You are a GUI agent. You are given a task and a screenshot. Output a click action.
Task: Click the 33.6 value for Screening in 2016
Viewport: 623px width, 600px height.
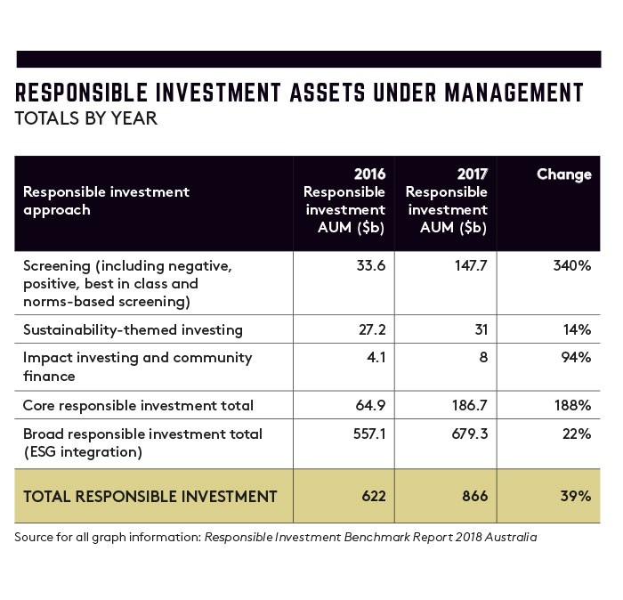[371, 265]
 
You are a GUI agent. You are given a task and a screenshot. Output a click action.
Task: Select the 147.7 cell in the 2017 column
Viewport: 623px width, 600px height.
[471, 265]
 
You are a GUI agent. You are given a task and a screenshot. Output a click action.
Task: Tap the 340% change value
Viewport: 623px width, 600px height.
[572, 265]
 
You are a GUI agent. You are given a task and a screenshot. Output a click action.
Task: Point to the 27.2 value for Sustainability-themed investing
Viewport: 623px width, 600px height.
[372, 329]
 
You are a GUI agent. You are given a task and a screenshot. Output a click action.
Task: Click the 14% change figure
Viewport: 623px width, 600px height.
[577, 329]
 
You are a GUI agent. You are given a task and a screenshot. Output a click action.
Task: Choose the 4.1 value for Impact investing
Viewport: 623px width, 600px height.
[376, 358]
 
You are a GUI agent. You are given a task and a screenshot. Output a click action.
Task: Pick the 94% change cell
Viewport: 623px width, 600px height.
[576, 358]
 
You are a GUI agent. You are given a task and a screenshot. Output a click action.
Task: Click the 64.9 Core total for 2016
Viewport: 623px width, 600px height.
[370, 405]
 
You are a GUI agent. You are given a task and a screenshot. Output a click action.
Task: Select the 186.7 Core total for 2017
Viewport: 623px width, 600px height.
[470, 405]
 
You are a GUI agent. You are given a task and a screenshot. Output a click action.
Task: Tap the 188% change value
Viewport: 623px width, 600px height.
[573, 405]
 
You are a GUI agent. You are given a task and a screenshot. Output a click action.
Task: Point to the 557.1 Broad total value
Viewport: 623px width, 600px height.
[369, 434]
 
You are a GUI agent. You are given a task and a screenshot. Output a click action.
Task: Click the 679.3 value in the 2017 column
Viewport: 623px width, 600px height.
[470, 434]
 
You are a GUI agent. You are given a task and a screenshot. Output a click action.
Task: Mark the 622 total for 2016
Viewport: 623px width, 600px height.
[374, 497]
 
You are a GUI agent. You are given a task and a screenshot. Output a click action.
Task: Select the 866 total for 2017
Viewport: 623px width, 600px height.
[474, 497]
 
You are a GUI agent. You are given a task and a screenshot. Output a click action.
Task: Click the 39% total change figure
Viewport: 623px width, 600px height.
[576, 497]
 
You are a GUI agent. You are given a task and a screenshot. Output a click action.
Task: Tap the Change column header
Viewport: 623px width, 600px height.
[564, 174]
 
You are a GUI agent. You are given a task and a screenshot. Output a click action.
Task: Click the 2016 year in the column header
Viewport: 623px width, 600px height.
[370, 174]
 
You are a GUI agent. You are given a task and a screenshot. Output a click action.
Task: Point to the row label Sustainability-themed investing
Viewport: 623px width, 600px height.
[133, 330]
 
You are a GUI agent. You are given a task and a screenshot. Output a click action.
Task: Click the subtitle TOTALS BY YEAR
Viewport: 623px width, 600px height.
[85, 118]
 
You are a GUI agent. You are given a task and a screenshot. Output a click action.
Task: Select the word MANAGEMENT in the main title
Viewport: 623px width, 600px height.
[514, 93]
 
